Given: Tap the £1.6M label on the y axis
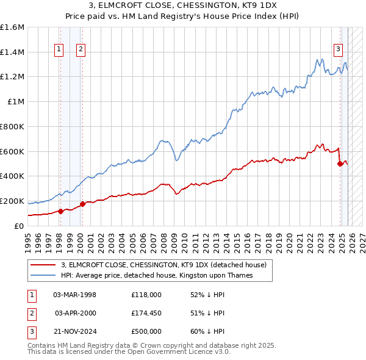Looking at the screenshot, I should [x=12, y=27].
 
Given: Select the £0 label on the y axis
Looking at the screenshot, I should [x=20, y=226].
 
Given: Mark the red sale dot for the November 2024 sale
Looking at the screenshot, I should [x=340, y=164].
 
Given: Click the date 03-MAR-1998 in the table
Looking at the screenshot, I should [x=75, y=295].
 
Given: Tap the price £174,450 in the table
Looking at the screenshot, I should [x=146, y=313].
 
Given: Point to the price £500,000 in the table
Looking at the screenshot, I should [x=146, y=331].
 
